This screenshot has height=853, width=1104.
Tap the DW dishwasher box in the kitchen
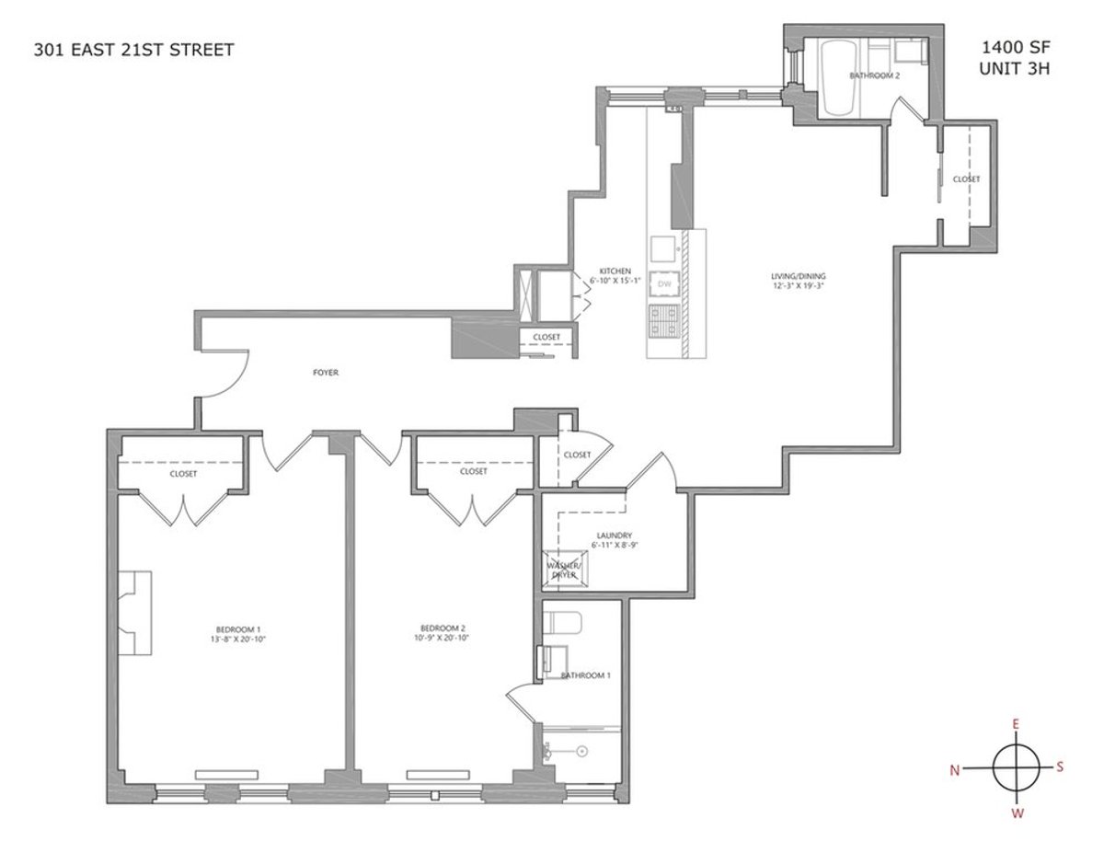pos(663,284)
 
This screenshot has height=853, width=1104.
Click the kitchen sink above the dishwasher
pos(662,248)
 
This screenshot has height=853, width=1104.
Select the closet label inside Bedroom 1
pos(183,473)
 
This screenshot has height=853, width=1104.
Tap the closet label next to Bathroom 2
pos(966,179)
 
